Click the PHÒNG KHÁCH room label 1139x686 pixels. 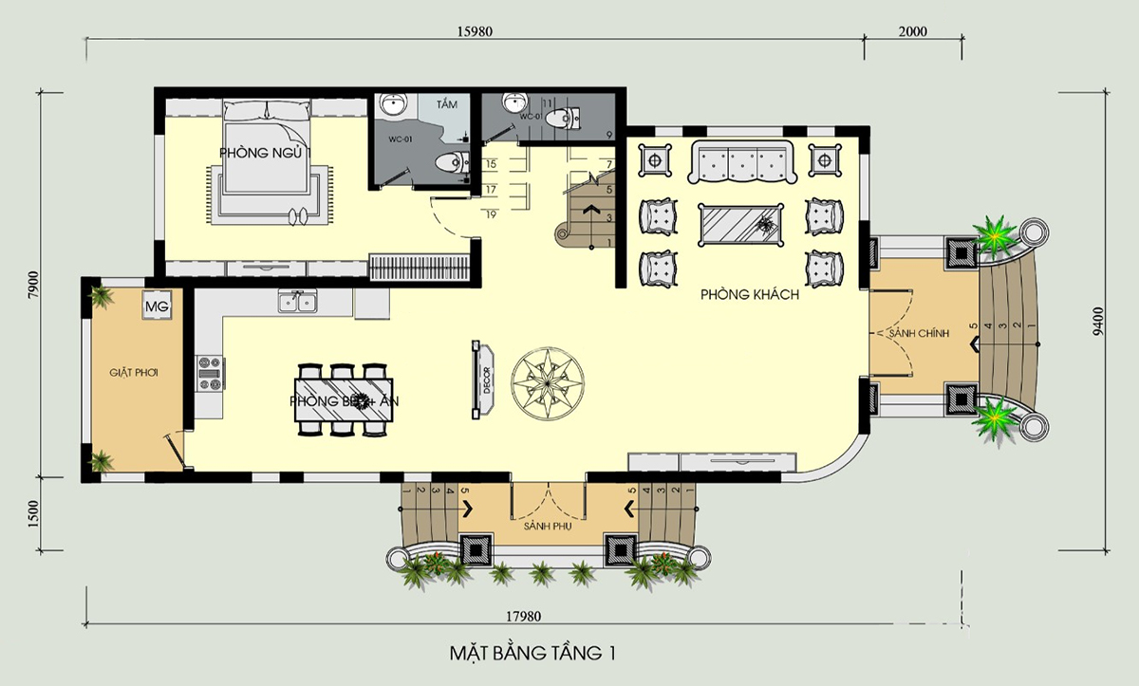750,295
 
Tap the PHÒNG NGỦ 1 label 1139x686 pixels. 265,153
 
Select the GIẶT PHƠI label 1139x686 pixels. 132,373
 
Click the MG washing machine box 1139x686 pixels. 157,306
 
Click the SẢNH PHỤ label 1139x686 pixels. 548,524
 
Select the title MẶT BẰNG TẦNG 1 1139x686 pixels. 532,654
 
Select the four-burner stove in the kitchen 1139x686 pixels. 211,373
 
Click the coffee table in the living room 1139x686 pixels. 742,225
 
